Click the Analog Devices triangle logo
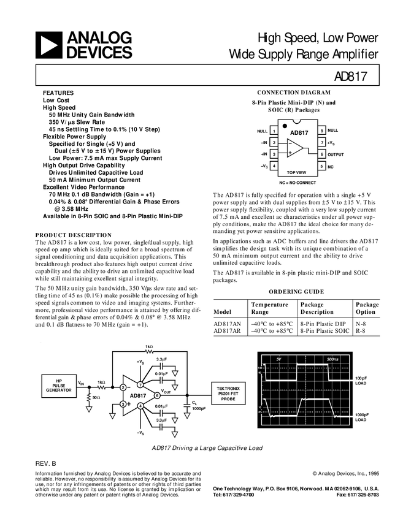point(48,45)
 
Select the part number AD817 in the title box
point(350,77)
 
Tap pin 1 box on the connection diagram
point(274,131)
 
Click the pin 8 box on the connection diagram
point(321,131)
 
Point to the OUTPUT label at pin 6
point(336,155)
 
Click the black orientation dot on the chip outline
point(285,126)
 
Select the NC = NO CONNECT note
point(297,183)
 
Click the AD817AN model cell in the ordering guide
point(228,324)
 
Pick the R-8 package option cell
point(361,331)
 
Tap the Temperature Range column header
point(270,308)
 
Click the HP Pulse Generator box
point(59,386)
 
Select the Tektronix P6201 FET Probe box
point(228,394)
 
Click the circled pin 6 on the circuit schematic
point(157,395)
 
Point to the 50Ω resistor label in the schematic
point(96,397)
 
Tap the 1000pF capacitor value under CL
point(199,408)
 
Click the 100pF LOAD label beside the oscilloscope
point(361,381)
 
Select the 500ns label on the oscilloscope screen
point(332,359)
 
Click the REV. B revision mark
point(46,464)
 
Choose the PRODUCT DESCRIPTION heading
point(74,235)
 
